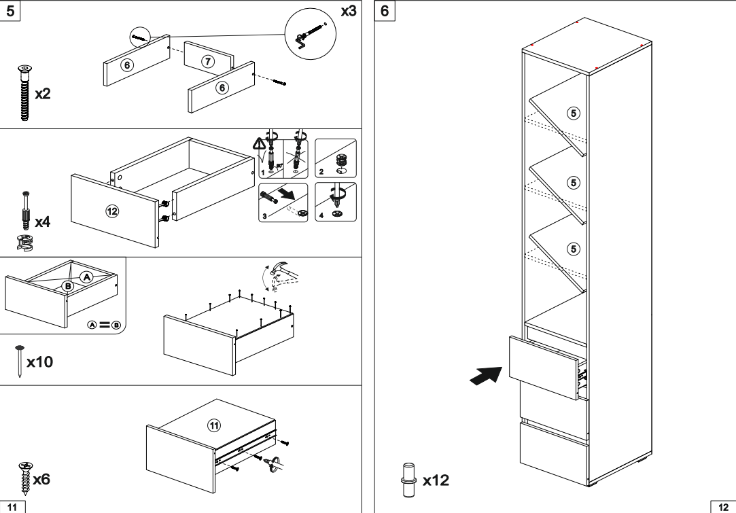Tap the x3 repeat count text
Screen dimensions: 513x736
point(348,11)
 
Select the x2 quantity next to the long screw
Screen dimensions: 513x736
point(42,94)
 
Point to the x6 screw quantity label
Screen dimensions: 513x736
point(40,480)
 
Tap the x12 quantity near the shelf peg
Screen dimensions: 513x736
point(435,481)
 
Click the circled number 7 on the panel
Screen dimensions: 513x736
point(209,62)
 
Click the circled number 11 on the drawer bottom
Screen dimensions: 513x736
point(213,426)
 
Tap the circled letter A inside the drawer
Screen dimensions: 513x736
point(86,276)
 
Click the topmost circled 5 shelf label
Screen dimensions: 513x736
point(574,112)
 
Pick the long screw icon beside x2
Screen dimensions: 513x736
point(24,93)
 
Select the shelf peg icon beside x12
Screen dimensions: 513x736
point(409,473)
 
